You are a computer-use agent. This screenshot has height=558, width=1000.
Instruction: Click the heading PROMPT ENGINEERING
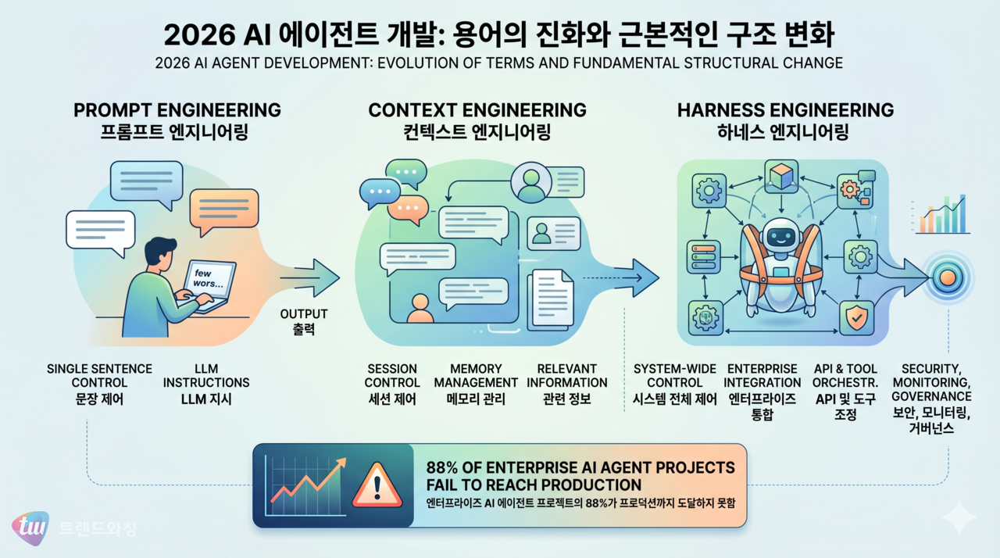(x=177, y=110)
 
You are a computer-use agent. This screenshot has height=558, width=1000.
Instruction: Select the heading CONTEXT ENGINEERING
(x=477, y=110)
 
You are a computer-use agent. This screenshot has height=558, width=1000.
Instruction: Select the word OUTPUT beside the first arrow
(x=303, y=314)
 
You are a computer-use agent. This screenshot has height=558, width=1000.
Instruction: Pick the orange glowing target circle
(x=947, y=277)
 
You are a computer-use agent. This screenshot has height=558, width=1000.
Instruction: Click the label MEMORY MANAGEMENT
(x=476, y=376)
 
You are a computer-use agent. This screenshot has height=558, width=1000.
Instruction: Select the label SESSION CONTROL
(x=391, y=376)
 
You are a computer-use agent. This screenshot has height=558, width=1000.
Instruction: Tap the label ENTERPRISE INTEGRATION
(x=762, y=376)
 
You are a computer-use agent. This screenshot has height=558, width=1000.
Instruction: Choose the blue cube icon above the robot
(x=780, y=173)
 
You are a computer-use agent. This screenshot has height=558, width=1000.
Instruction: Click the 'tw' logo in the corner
(x=30, y=528)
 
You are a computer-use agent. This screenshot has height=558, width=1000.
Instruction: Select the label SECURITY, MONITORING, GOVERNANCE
(x=937, y=383)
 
